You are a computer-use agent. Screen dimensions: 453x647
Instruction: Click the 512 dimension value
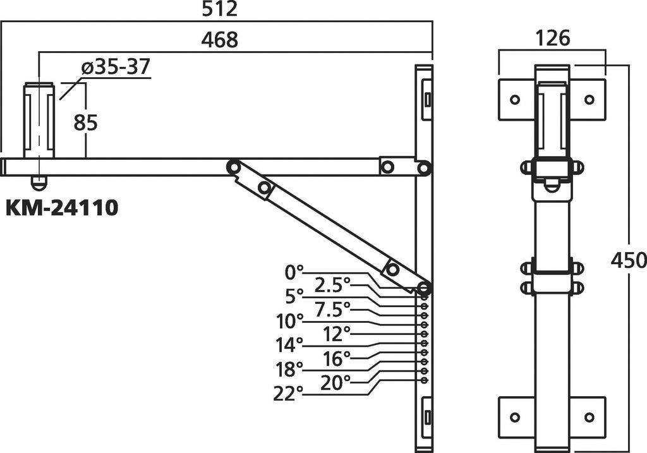(219, 9)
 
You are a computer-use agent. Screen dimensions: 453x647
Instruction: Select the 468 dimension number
(219, 40)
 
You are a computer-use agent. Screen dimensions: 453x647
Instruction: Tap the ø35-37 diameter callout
(116, 66)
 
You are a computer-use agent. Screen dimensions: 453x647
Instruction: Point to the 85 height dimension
(85, 122)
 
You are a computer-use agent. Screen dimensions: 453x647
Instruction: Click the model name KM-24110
(62, 208)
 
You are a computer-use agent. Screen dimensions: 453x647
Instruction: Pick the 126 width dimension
(552, 38)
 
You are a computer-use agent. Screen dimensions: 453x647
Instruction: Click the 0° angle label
(294, 272)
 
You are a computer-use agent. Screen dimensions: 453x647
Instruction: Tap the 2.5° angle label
(332, 285)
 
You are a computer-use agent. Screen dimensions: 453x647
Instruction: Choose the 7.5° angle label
(332, 309)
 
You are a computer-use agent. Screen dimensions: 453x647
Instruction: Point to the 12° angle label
(337, 333)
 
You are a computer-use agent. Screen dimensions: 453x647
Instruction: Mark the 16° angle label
(337, 358)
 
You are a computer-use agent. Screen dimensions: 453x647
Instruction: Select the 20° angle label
(336, 382)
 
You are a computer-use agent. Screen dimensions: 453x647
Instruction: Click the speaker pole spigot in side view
(39, 120)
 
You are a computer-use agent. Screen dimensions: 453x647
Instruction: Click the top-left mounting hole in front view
(515, 99)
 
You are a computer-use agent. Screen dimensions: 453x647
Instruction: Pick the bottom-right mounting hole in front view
(590, 418)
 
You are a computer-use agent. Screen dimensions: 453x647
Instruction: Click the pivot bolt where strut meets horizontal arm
(234, 167)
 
